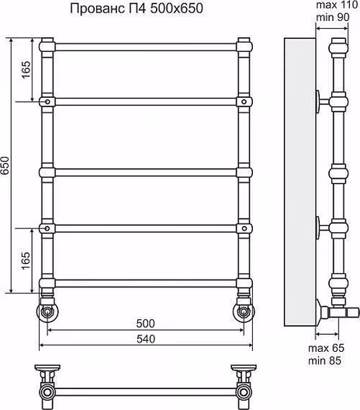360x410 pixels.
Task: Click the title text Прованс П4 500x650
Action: tap(137, 9)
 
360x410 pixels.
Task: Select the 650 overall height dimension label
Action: tap(5, 165)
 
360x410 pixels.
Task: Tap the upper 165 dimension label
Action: tap(26, 70)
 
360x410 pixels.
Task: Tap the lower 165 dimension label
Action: tap(26, 261)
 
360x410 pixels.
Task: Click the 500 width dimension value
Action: tap(146, 324)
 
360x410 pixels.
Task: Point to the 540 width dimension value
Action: tap(146, 339)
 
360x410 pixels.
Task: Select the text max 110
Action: tap(337, 5)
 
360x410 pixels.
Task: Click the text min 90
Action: tap(333, 17)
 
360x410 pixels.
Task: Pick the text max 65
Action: tap(327, 348)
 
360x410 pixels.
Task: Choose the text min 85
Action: tap(325, 360)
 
